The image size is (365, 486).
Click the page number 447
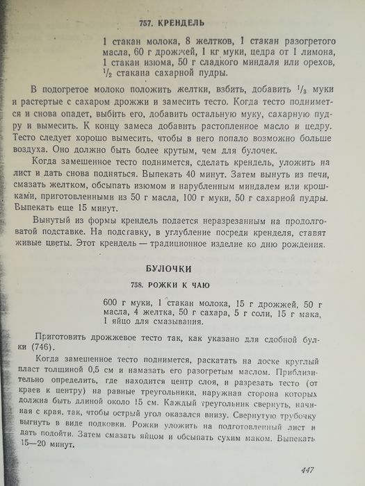pyautogui.click(x=304, y=469)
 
